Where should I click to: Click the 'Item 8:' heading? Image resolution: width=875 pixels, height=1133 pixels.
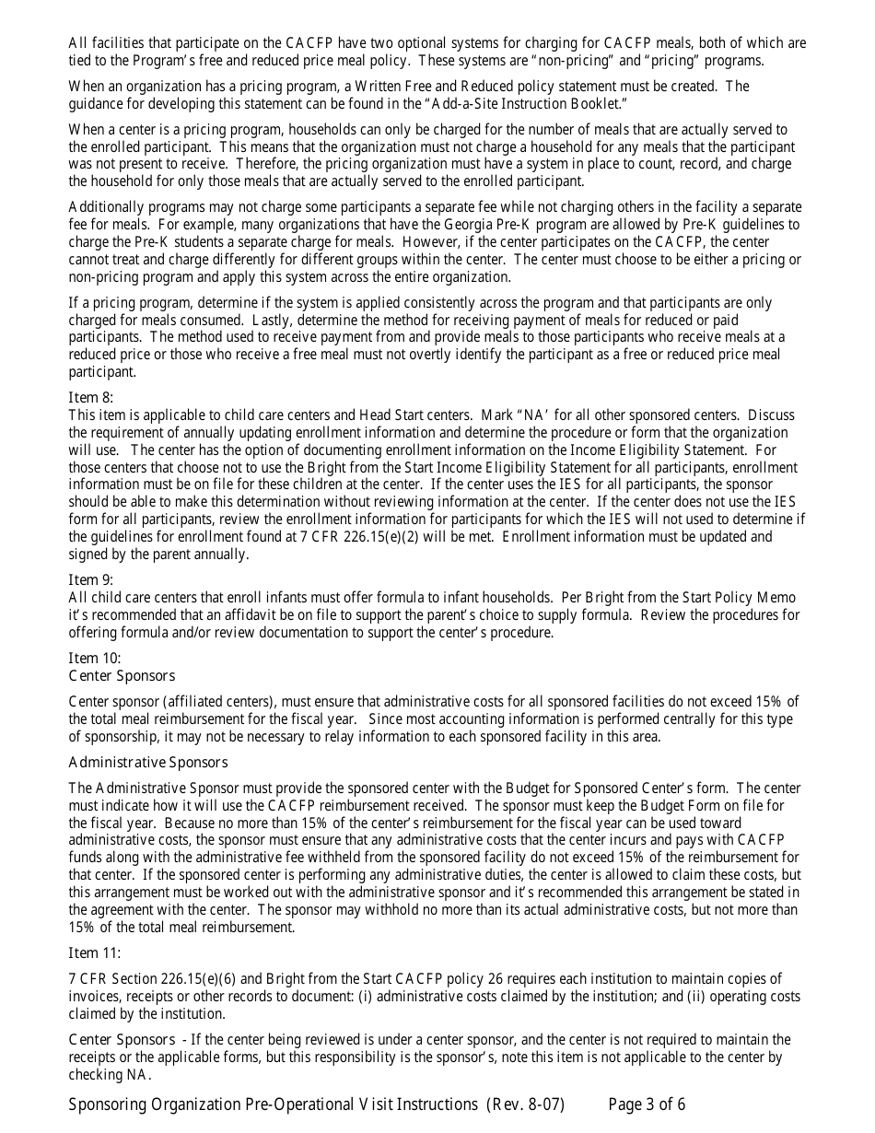click(91, 397)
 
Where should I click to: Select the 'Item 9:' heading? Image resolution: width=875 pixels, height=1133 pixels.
click(91, 579)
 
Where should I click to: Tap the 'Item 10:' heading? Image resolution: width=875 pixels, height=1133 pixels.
click(95, 658)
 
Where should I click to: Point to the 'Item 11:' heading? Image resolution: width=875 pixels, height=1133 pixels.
click(95, 952)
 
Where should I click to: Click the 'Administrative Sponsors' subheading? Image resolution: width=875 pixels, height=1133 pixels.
click(148, 762)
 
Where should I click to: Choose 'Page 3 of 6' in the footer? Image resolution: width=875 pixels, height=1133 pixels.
click(647, 1104)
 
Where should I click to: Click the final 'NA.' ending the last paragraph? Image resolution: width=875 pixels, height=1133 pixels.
click(136, 1074)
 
